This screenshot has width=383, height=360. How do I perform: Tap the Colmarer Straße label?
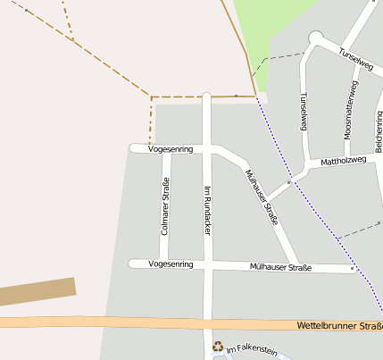164,206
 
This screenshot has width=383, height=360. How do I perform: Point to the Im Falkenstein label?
252,349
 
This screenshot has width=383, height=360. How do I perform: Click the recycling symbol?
217,346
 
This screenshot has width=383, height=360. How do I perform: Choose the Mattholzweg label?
343,161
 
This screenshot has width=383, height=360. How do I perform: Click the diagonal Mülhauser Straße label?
262,196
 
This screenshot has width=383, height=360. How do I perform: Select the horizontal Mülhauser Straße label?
280,266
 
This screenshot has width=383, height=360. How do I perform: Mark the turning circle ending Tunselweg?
315,38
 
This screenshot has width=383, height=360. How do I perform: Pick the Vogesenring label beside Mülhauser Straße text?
171,264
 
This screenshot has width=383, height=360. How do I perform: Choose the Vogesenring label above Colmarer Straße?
171,148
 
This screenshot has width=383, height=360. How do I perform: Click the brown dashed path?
107,68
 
